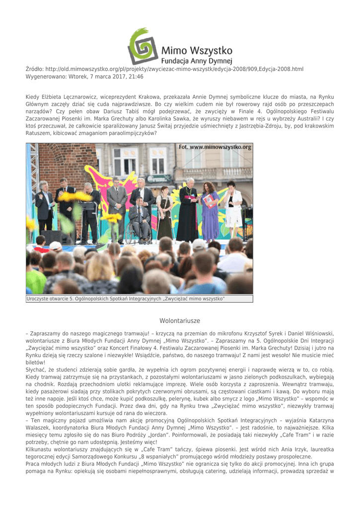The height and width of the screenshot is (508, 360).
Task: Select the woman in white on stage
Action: (x=232, y=203)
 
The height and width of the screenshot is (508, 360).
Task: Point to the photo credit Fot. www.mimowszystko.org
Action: (x=215, y=147)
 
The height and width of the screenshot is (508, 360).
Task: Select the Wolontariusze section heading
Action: (x=180, y=321)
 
